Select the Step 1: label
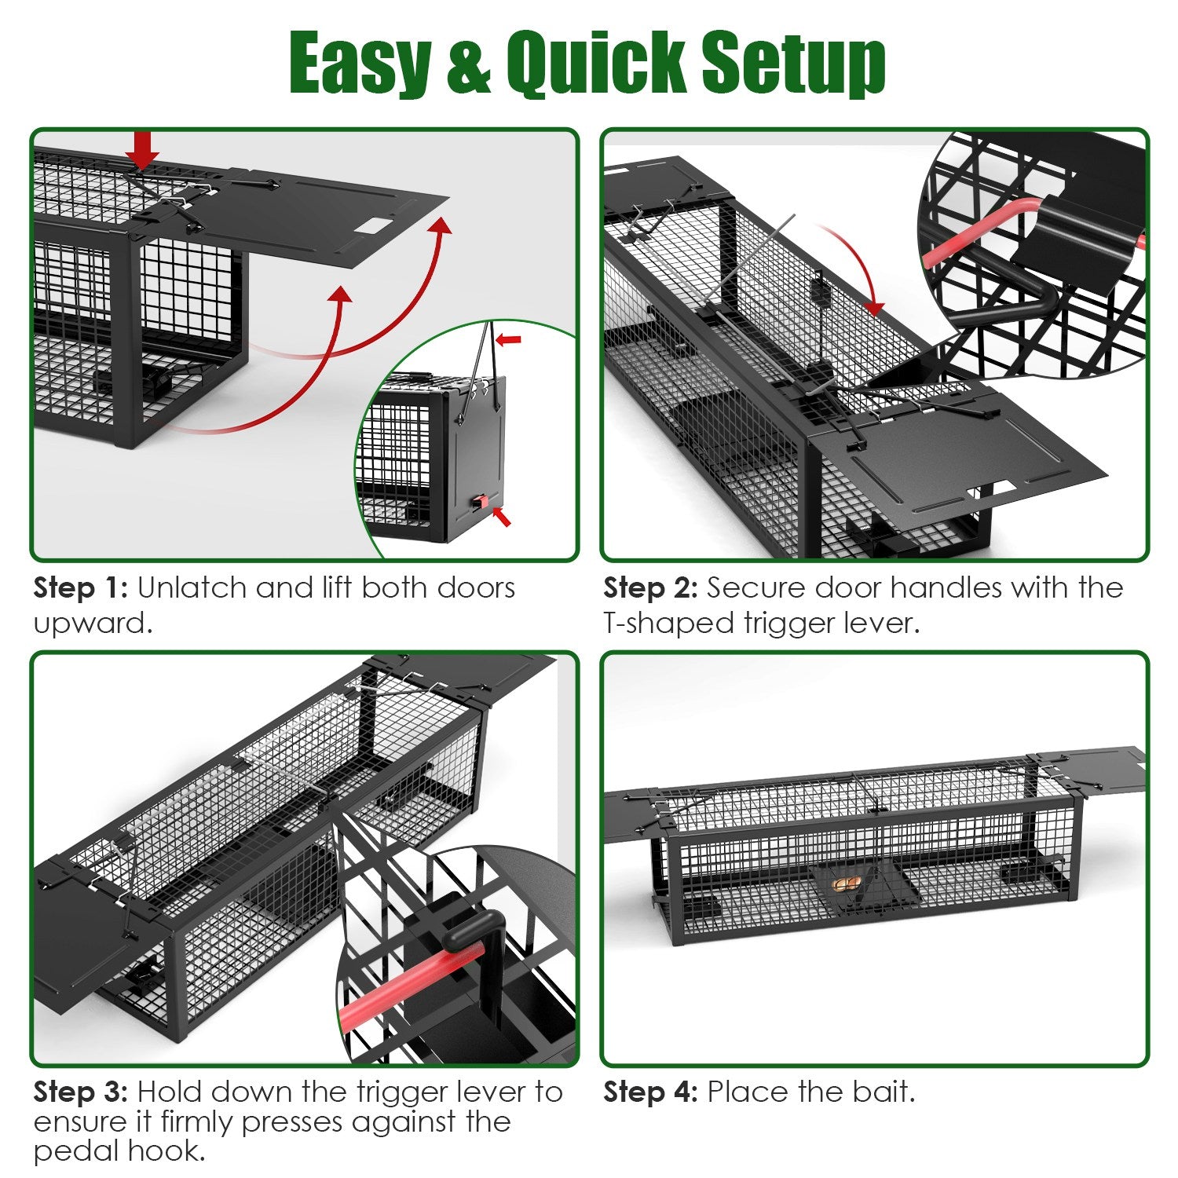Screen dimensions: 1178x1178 point(80,587)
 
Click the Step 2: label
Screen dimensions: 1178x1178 point(650,587)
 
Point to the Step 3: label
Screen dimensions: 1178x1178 point(80,1092)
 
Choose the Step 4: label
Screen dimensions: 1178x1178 point(650,1092)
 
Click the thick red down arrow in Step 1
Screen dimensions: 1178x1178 point(142,149)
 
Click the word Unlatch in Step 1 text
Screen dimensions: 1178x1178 point(192,587)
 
